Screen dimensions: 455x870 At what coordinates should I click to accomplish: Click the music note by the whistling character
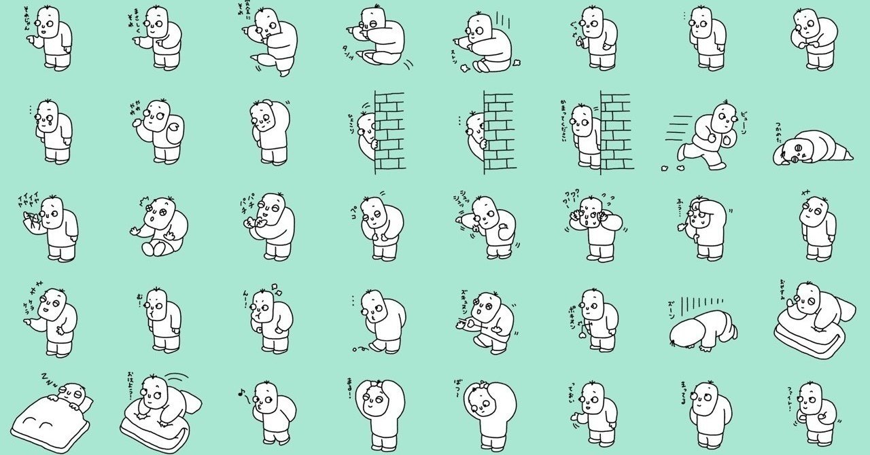(x=241, y=392)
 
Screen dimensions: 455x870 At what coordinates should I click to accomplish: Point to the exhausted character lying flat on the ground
(x=812, y=149)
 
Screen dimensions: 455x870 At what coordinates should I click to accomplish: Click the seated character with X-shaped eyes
(x=160, y=227)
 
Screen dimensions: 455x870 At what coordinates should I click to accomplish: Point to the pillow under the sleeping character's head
(x=85, y=403)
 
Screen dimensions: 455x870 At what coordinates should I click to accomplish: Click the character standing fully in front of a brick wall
(x=586, y=136)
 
